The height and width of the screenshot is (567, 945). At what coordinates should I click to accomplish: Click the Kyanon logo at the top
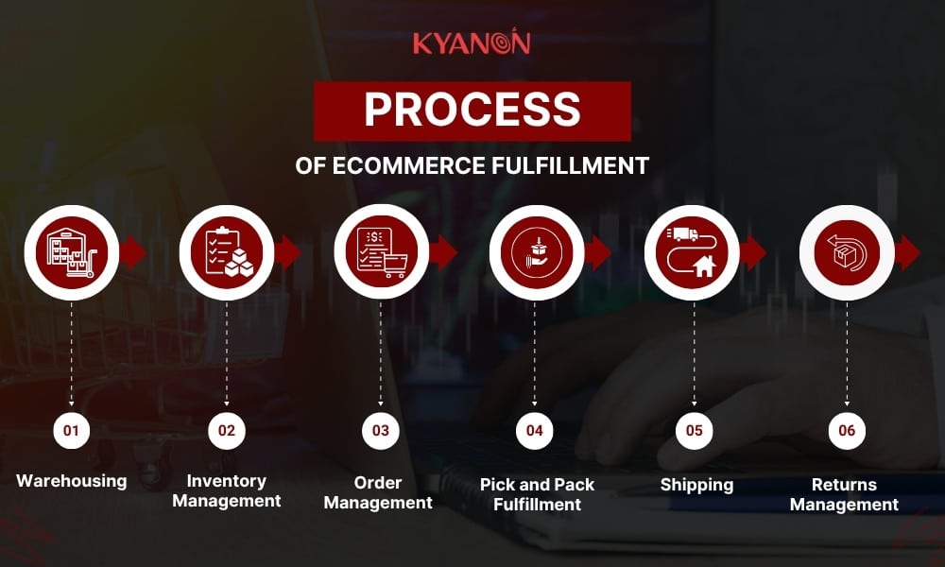(x=472, y=43)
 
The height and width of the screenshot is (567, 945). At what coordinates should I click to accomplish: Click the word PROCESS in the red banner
(x=472, y=111)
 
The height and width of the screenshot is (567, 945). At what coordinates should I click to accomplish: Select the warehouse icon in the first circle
(x=72, y=252)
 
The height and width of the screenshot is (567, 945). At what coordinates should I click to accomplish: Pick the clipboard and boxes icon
(x=227, y=252)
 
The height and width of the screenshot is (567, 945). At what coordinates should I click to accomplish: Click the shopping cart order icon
(x=381, y=252)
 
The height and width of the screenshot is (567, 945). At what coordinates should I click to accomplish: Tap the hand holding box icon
(x=536, y=252)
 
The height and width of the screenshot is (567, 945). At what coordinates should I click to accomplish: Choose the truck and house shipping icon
(x=692, y=252)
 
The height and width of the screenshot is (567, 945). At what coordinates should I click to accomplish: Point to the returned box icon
(x=847, y=252)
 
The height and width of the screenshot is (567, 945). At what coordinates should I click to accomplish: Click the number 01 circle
(x=71, y=431)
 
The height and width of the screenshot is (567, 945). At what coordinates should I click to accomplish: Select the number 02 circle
(x=227, y=431)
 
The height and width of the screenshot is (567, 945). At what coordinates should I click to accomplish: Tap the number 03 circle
(x=381, y=431)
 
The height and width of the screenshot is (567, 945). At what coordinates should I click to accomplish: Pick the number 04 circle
(x=535, y=431)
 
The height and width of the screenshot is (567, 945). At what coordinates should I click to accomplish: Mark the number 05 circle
(x=695, y=431)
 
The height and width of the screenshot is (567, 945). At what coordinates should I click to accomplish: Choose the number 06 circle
(x=847, y=431)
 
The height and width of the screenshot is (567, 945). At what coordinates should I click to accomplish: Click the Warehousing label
(x=71, y=481)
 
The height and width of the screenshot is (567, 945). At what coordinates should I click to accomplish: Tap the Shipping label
(x=696, y=485)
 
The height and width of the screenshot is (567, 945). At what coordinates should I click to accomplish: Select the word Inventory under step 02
(x=227, y=481)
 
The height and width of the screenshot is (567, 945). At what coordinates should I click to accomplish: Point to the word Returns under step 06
(x=844, y=485)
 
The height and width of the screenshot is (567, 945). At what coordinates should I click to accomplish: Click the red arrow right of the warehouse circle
(x=133, y=252)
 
